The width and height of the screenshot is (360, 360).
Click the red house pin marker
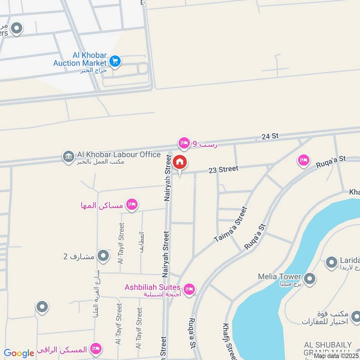coord(180,162)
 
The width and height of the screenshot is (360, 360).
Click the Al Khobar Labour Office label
coord(119,155)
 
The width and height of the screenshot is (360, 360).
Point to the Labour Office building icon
coord(68,157)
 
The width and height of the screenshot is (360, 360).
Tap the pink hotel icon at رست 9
coord(184,143)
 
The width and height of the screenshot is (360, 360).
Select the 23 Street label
coord(222,170)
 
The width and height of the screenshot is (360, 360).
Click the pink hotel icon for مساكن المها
coord(131,205)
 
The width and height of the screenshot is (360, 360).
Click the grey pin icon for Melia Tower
coord(309,279)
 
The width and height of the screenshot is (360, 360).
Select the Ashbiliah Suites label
coord(153,287)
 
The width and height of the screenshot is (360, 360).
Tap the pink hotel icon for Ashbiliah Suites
coord(189,288)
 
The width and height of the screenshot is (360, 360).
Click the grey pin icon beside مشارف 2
coord(103,256)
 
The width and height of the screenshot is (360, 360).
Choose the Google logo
coord(19,353)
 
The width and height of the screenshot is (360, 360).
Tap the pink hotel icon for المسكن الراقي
coord(95,348)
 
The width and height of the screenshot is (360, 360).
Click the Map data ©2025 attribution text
coord(336,356)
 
